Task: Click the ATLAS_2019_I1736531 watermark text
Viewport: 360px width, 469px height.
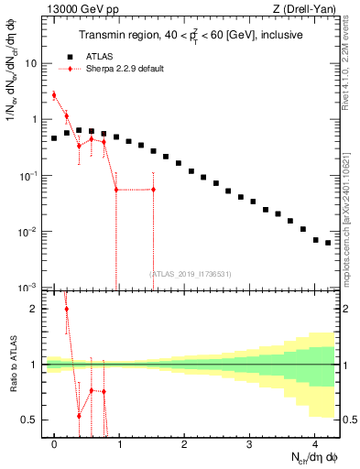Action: (191, 273)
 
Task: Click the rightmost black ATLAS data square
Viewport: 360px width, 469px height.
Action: (328, 243)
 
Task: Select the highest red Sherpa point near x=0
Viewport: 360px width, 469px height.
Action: (54, 94)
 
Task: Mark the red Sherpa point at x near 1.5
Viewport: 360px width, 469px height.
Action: (153, 190)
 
